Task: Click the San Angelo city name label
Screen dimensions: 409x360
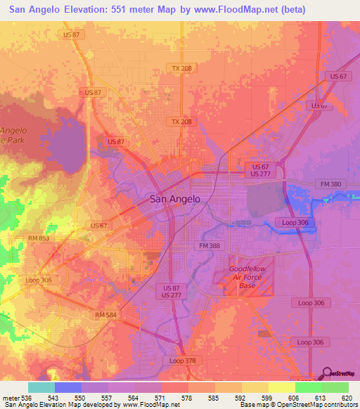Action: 175,199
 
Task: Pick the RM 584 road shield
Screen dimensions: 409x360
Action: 106,316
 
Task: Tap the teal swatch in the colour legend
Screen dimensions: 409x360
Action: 41,387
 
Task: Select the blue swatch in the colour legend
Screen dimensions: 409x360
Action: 68,387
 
